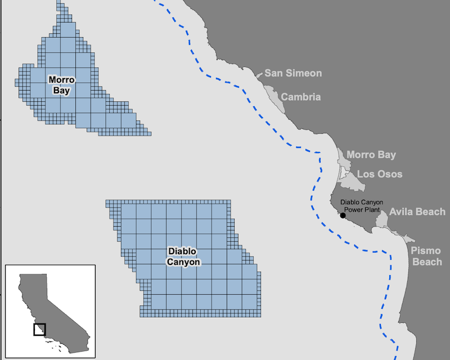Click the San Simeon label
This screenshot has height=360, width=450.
pyautogui.click(x=293, y=73)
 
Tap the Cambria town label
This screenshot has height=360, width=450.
pyautogui.click(x=301, y=97)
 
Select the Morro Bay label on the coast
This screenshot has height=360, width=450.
pyautogui.click(x=371, y=155)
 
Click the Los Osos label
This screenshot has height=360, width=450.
pyautogui.click(x=380, y=174)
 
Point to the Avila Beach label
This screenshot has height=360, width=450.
pyautogui.click(x=417, y=212)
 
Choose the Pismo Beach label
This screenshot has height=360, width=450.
pyautogui.click(x=426, y=256)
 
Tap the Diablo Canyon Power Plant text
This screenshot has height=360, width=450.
pyautogui.click(x=360, y=206)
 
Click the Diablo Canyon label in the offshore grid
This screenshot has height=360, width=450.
pyautogui.click(x=183, y=256)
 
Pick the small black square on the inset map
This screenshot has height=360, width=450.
pyautogui.click(x=39, y=329)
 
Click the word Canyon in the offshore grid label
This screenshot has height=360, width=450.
pyautogui.click(x=183, y=262)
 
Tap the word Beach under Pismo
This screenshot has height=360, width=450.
pyautogui.click(x=426, y=262)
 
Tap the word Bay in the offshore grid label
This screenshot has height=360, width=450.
pyautogui.click(x=61, y=90)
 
